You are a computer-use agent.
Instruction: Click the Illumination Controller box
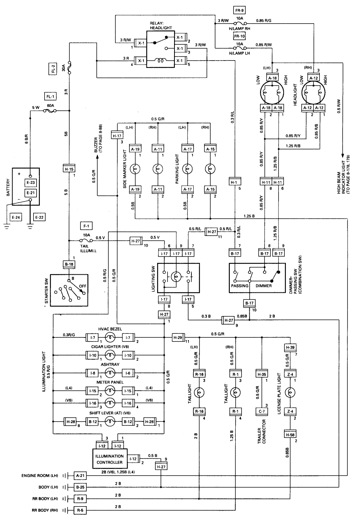tap(110, 459)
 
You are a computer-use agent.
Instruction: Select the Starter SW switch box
tap(69, 290)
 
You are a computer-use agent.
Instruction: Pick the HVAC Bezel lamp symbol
tap(110, 337)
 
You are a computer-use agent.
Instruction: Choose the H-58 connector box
tap(290, 435)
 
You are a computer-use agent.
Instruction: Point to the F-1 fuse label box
tap(86, 226)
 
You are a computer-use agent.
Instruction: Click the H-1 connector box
tap(234, 182)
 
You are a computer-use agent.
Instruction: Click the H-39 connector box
tap(290, 347)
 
